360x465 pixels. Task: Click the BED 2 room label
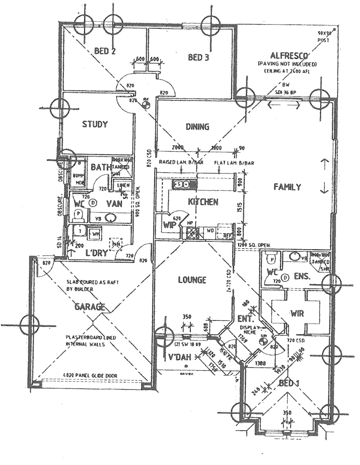pos(105,51)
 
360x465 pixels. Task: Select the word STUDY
pos(94,124)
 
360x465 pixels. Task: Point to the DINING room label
pos(197,127)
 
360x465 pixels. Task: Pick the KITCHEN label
pos(204,201)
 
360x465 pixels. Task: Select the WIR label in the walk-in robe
pos(298,313)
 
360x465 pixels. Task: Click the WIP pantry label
pos(168,225)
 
